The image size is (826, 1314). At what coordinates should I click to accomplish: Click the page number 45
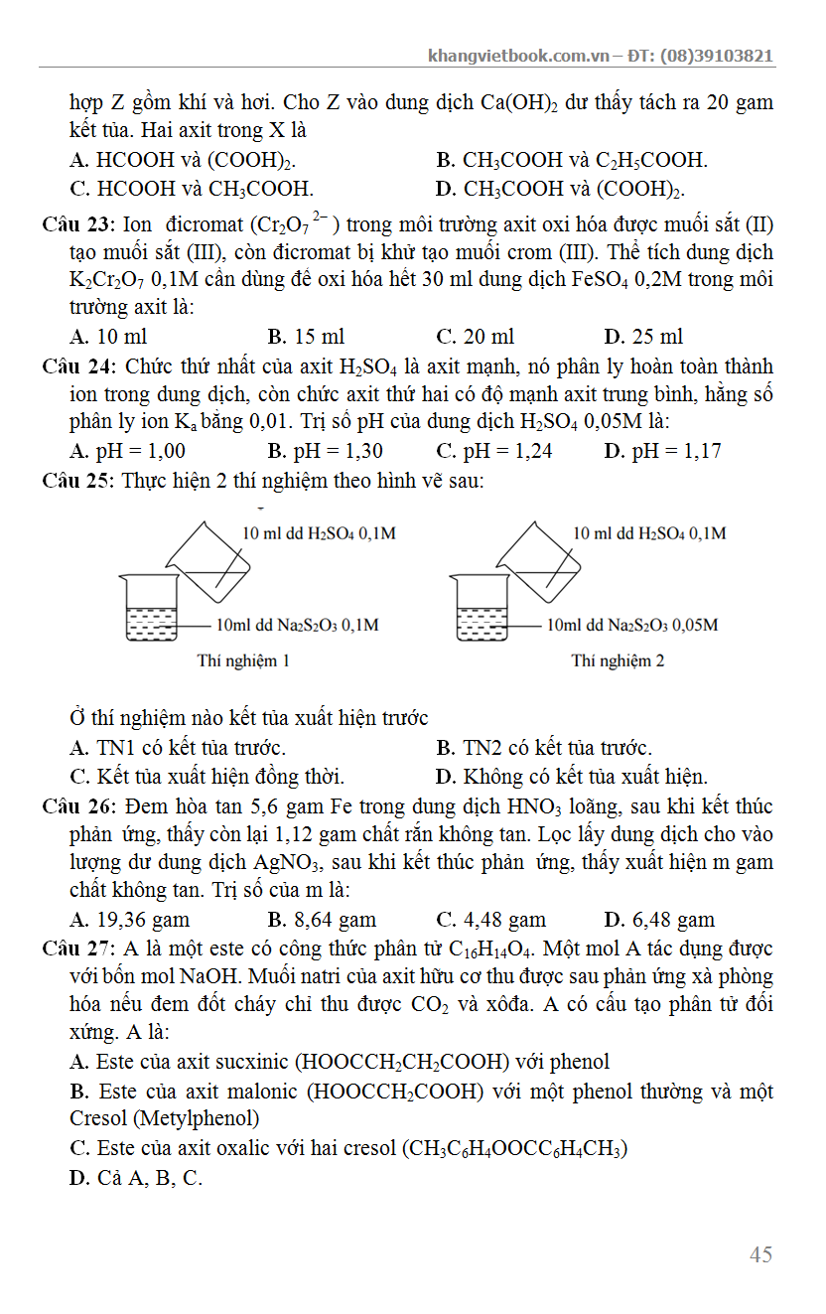[760, 1254]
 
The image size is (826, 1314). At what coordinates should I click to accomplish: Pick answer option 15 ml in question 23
[307, 337]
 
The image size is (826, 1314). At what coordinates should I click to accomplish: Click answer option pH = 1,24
[494, 452]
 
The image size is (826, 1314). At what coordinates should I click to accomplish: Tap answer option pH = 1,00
[128, 452]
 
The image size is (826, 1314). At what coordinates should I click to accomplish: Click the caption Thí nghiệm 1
[243, 660]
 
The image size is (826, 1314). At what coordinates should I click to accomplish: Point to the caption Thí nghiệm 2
[618, 660]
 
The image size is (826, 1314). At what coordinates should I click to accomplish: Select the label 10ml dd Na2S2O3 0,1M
[297, 626]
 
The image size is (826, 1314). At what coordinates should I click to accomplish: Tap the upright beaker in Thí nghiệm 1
[150, 608]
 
